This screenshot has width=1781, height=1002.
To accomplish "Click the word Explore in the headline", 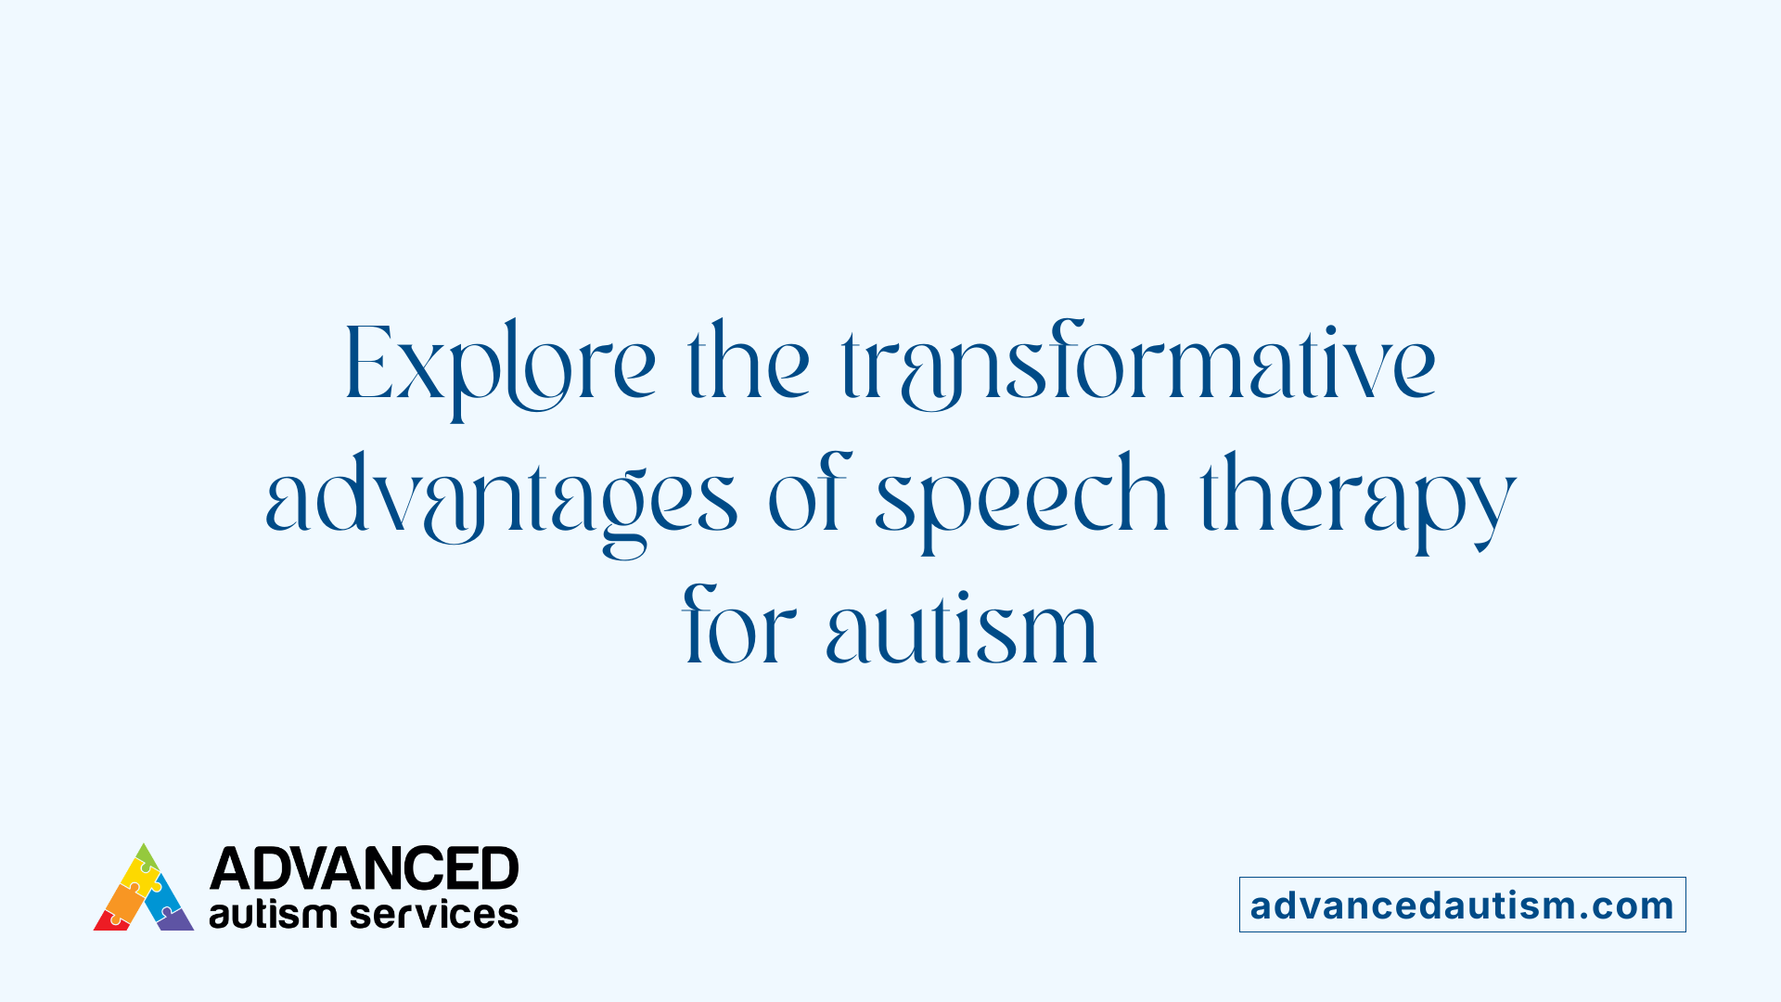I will (x=501, y=366).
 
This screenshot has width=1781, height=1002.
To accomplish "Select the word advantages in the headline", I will (x=501, y=501).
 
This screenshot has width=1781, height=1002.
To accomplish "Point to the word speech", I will (x=1020, y=501).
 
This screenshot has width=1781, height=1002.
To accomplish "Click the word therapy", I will (x=1358, y=501).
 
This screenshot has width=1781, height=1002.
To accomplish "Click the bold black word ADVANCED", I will (x=364, y=869).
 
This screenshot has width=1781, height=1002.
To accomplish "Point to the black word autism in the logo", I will (x=272, y=915).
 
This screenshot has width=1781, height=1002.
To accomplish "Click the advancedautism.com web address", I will (x=1462, y=906).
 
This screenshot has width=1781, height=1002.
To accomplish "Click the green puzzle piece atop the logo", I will (x=146, y=855).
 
